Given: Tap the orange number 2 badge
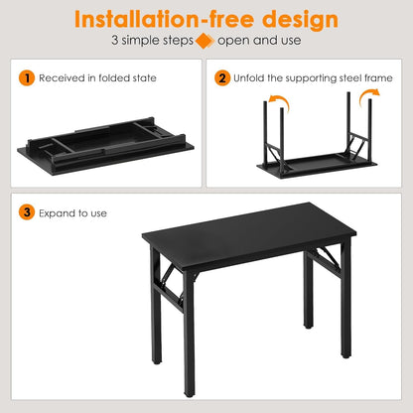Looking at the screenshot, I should (223, 77).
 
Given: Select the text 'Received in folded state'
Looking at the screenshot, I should (99, 77).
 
